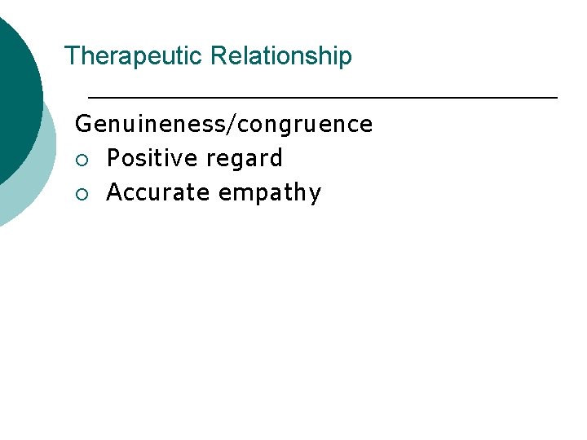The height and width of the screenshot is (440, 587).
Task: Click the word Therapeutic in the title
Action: coord(134,56)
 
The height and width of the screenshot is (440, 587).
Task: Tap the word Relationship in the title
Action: coord(281,56)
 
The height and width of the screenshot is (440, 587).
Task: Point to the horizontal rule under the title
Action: coord(322,97)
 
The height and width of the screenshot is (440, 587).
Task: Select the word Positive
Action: coord(153,158)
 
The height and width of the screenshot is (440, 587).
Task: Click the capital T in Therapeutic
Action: coord(70,56)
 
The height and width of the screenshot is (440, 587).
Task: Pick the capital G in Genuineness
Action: coord(82,125)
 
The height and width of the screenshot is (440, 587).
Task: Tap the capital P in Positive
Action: coord(113,158)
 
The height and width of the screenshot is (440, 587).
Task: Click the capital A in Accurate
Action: coord(114,193)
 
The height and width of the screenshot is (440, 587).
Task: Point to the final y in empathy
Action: coord(315,196)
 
